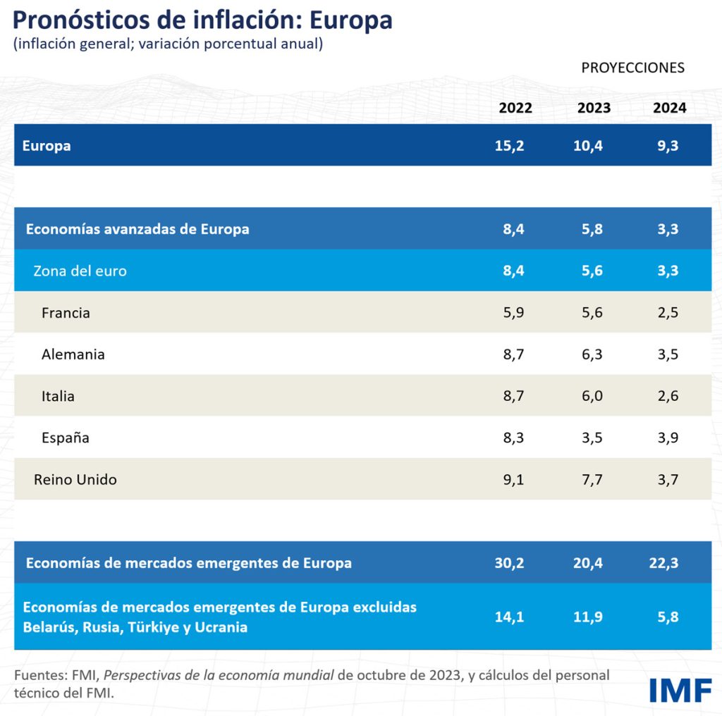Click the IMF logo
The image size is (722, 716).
pyautogui.click(x=680, y=690)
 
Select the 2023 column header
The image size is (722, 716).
pyautogui.click(x=594, y=109)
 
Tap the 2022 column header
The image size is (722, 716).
pyautogui.click(x=515, y=109)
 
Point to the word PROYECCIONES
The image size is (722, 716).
pyautogui.click(x=632, y=68)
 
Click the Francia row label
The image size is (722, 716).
pyautogui.click(x=66, y=312)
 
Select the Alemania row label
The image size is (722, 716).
pyautogui.click(x=73, y=354)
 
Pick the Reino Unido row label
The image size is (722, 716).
pyautogui.click(x=75, y=479)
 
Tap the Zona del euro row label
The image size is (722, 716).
pyautogui.click(x=80, y=271)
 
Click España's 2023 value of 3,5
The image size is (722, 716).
pyautogui.click(x=593, y=438)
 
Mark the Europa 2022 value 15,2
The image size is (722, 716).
pyautogui.click(x=510, y=147)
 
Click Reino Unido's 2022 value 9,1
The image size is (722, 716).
pyautogui.click(x=513, y=479)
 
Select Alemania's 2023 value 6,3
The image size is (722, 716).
pyautogui.click(x=593, y=354)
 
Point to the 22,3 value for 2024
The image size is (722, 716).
pyautogui.click(x=663, y=563)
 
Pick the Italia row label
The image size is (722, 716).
pyautogui.click(x=58, y=396)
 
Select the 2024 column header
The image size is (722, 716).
pyautogui.click(x=669, y=109)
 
